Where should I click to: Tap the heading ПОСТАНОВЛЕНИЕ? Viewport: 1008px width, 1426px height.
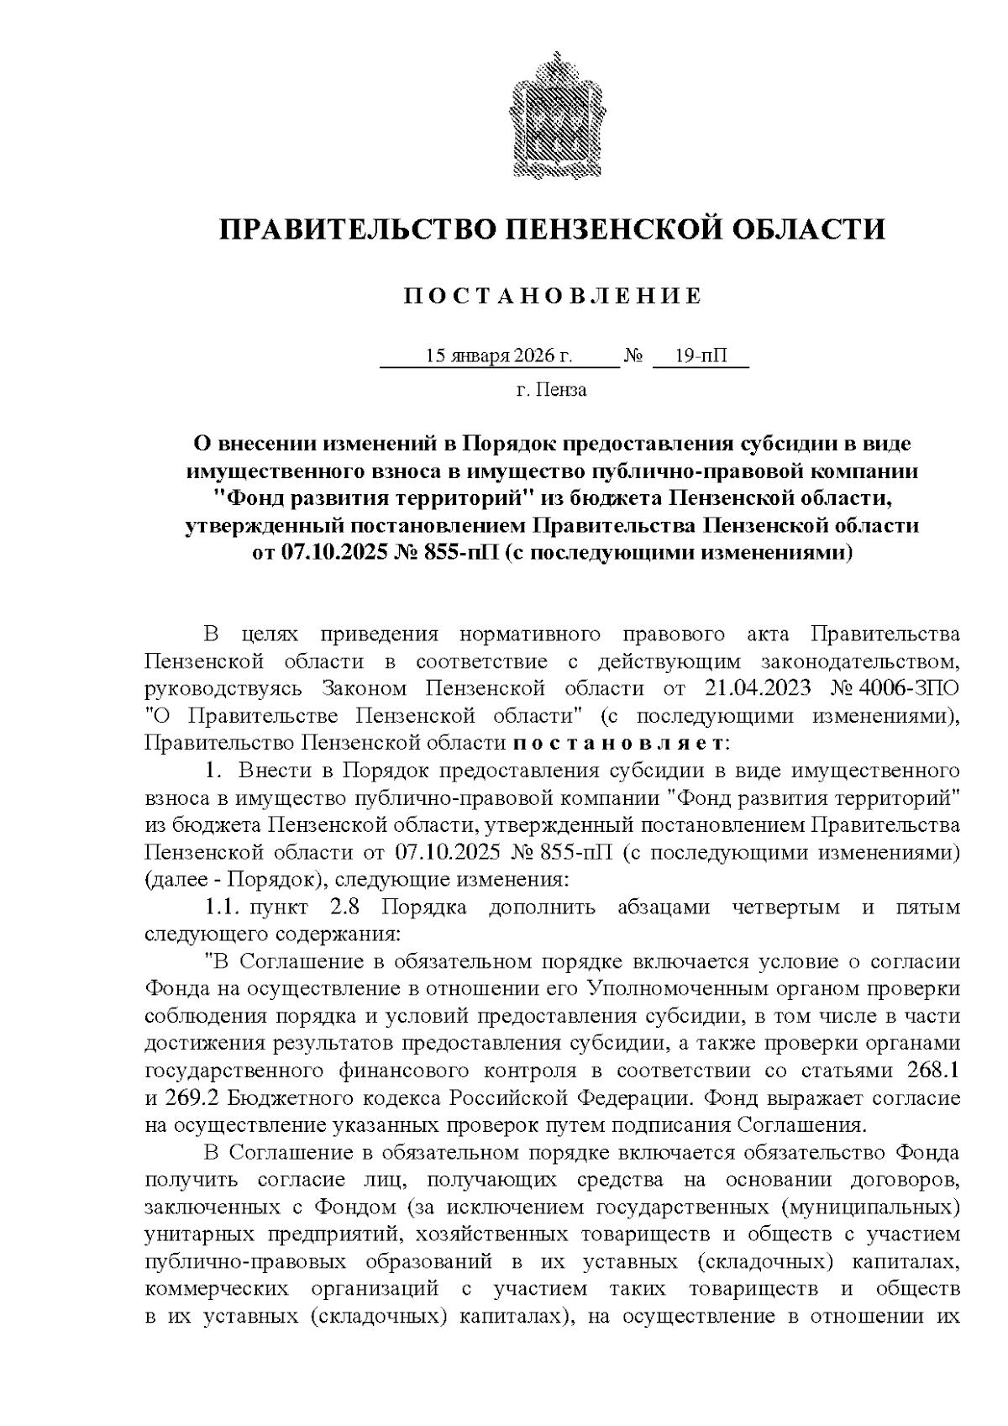coord(552,297)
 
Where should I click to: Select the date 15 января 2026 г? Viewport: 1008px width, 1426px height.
coord(499,356)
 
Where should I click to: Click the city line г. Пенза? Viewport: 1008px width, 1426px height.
coord(551,390)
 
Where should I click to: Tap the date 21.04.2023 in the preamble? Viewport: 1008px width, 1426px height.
coord(754,688)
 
